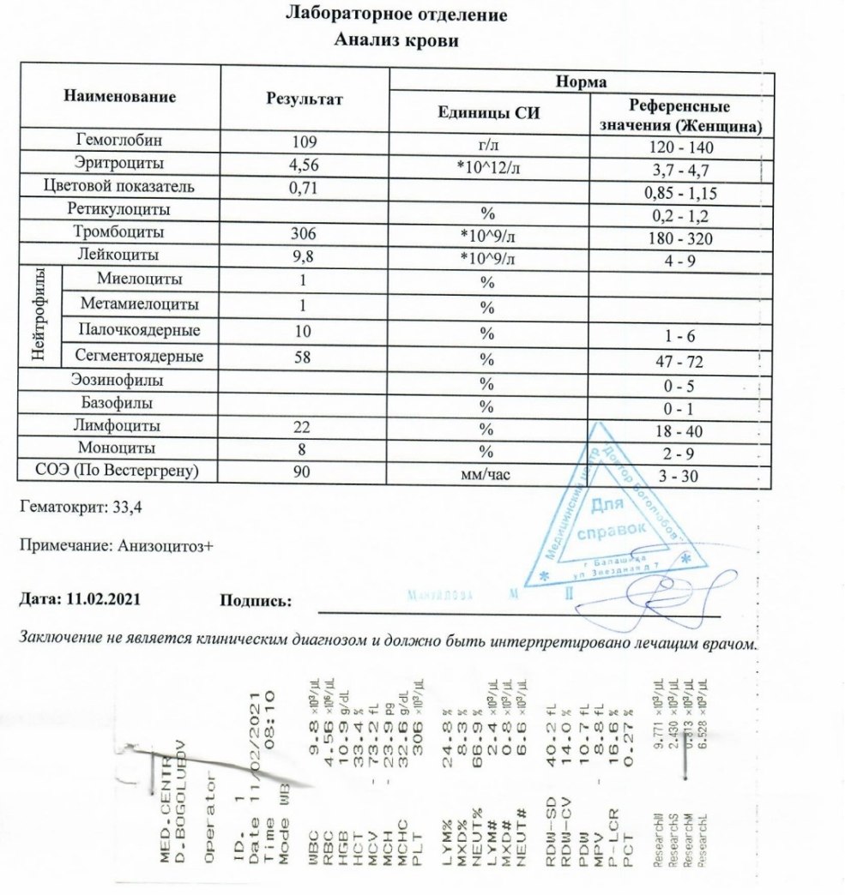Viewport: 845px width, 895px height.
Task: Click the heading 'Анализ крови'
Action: tap(396, 39)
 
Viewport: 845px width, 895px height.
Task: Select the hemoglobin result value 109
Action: tap(305, 141)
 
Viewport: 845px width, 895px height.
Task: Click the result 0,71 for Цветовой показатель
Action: tap(305, 187)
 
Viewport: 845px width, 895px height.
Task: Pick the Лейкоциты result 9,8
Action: tap(305, 256)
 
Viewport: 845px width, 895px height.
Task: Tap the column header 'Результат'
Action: tap(305, 99)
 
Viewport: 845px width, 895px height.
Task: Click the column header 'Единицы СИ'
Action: tap(489, 113)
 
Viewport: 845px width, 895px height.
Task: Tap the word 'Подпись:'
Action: tap(256, 601)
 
